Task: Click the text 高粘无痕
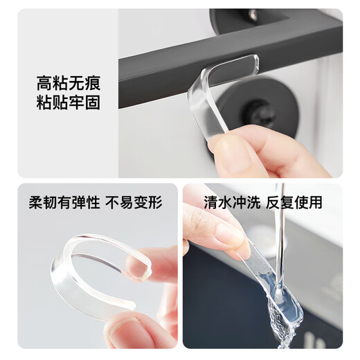point(68,84)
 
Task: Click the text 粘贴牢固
point(68,105)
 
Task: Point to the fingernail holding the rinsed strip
point(228,235)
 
